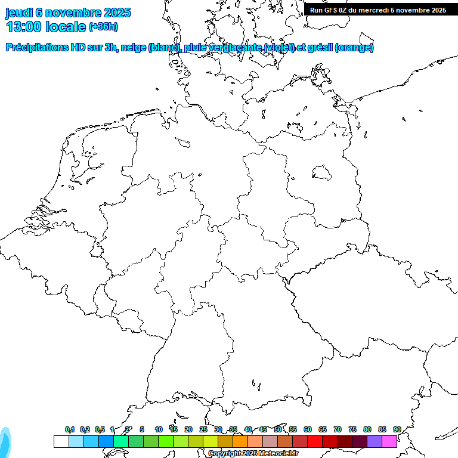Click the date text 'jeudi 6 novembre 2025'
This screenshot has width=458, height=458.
[x=68, y=13]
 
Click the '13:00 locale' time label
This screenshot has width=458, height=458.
[x=46, y=27]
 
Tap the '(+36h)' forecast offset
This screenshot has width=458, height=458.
[x=103, y=27]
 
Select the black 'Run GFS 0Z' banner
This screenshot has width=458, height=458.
[x=378, y=10]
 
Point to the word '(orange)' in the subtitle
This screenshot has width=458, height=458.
[x=354, y=48]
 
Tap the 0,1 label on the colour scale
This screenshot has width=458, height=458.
[x=70, y=429]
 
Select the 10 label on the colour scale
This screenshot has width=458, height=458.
[x=158, y=429]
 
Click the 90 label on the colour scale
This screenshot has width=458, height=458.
[x=397, y=429]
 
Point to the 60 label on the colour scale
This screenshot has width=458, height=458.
[x=308, y=429]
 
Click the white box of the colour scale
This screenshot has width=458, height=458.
[x=61, y=441]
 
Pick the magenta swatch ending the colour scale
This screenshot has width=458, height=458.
[x=389, y=441]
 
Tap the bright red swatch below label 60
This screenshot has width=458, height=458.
[x=315, y=441]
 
